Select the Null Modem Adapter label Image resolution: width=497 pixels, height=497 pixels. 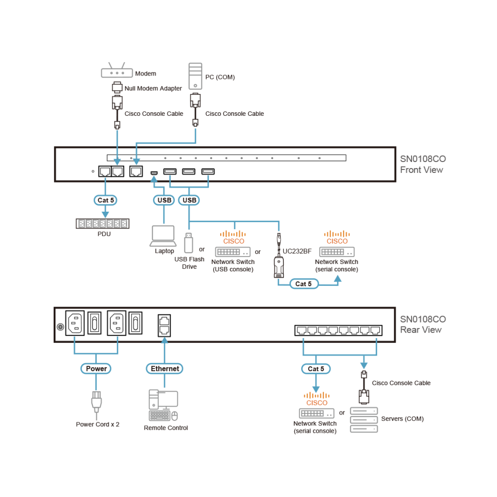153,88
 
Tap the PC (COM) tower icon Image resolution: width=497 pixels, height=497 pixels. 195,76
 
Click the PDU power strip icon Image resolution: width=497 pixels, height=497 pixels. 102,224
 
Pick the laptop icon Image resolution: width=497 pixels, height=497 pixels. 163,236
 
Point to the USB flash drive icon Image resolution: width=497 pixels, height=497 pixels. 188,243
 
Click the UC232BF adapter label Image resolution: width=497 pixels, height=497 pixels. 297,251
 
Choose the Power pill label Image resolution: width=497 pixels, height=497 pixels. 96,369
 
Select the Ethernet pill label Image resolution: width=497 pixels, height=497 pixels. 165,369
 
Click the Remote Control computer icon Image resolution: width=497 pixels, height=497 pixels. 163,406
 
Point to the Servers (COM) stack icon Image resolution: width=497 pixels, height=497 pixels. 364,420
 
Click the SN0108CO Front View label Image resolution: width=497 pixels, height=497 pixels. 423,164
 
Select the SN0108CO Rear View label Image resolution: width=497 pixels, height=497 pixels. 423,324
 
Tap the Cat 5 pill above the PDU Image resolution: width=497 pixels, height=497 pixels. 105,200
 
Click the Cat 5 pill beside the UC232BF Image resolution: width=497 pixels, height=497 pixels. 304,284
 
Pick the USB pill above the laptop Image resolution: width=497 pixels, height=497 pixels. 164,200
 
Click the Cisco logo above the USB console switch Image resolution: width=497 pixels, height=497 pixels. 234,238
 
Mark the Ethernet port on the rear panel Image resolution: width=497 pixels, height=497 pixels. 164,326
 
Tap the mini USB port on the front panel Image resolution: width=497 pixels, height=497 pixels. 154,173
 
